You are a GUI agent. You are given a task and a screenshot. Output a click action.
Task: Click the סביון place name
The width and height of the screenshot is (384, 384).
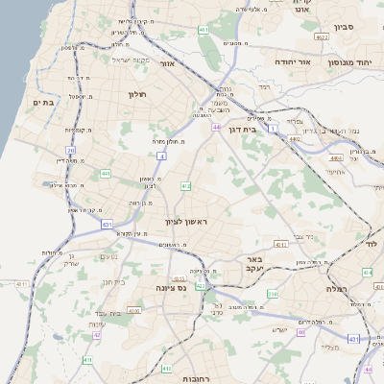(345, 27)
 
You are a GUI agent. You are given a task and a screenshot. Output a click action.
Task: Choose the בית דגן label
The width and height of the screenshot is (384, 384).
(248, 128)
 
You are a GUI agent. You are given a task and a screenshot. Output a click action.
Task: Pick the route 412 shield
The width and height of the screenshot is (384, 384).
(185, 185)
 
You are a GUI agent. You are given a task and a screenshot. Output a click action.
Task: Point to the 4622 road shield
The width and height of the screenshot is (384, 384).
(322, 36)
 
